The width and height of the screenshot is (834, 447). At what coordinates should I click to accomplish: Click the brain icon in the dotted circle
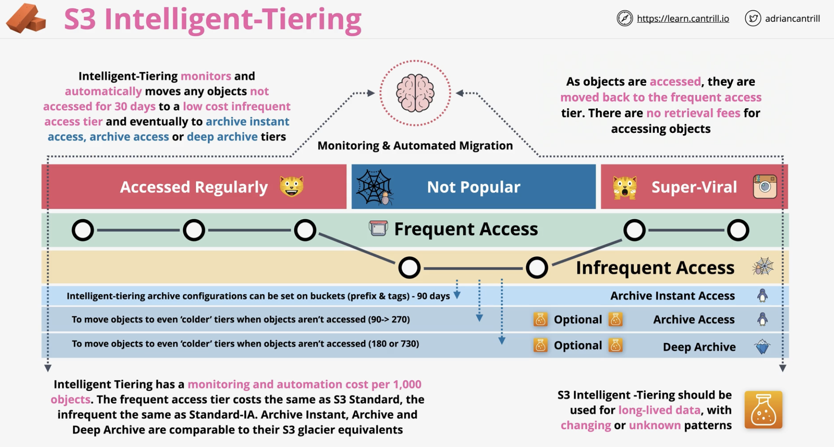click(415, 93)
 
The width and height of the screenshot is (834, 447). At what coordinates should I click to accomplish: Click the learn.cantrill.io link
click(683, 18)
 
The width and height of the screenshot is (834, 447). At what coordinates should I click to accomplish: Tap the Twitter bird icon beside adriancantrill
click(753, 18)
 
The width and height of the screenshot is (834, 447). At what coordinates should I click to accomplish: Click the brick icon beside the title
click(26, 18)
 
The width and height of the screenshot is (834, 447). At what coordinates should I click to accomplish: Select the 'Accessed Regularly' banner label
click(194, 187)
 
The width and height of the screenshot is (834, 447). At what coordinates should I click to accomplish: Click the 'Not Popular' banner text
click(473, 187)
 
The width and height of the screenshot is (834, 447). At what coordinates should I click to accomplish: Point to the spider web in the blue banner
click(374, 187)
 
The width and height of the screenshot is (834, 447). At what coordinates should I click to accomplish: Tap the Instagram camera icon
click(765, 187)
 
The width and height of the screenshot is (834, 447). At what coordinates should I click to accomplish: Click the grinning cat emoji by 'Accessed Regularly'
click(292, 187)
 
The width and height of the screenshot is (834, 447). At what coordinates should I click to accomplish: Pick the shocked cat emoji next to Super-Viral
click(624, 187)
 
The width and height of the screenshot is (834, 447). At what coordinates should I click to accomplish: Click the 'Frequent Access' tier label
click(466, 229)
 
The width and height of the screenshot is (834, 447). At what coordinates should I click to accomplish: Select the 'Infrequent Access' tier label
click(655, 268)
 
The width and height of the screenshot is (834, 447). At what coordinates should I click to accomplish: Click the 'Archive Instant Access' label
click(673, 296)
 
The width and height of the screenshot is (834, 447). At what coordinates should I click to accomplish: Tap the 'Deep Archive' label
click(699, 347)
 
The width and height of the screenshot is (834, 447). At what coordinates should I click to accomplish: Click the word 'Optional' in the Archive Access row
click(578, 319)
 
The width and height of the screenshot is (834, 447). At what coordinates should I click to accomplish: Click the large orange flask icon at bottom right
click(763, 410)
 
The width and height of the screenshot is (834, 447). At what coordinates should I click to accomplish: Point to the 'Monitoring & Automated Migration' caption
click(415, 146)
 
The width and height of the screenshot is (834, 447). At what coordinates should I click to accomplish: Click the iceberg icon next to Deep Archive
click(762, 346)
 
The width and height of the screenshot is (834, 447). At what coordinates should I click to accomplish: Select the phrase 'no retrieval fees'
click(693, 113)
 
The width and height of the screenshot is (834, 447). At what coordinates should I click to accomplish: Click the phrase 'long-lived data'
click(659, 410)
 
